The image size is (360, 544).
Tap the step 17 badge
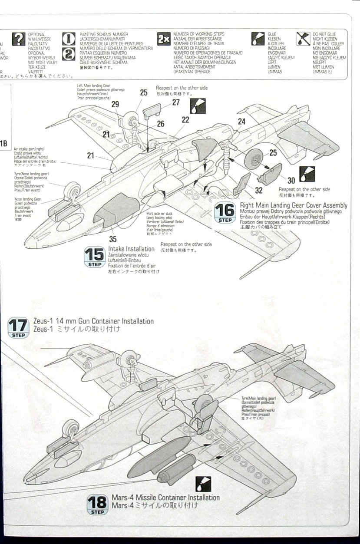click(x=18, y=327)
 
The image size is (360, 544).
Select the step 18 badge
click(x=98, y=504)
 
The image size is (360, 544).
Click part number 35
click(x=113, y=239)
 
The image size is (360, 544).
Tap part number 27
click(x=175, y=102)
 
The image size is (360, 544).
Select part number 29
click(x=115, y=104)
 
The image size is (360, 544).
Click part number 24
click(x=241, y=122)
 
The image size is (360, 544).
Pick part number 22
click(x=186, y=120)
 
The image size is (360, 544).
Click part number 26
click(x=161, y=124)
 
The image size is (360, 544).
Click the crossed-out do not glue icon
click(x=302, y=39)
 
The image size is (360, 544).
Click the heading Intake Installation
click(x=131, y=249)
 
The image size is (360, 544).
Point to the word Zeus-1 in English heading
click(x=43, y=321)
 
